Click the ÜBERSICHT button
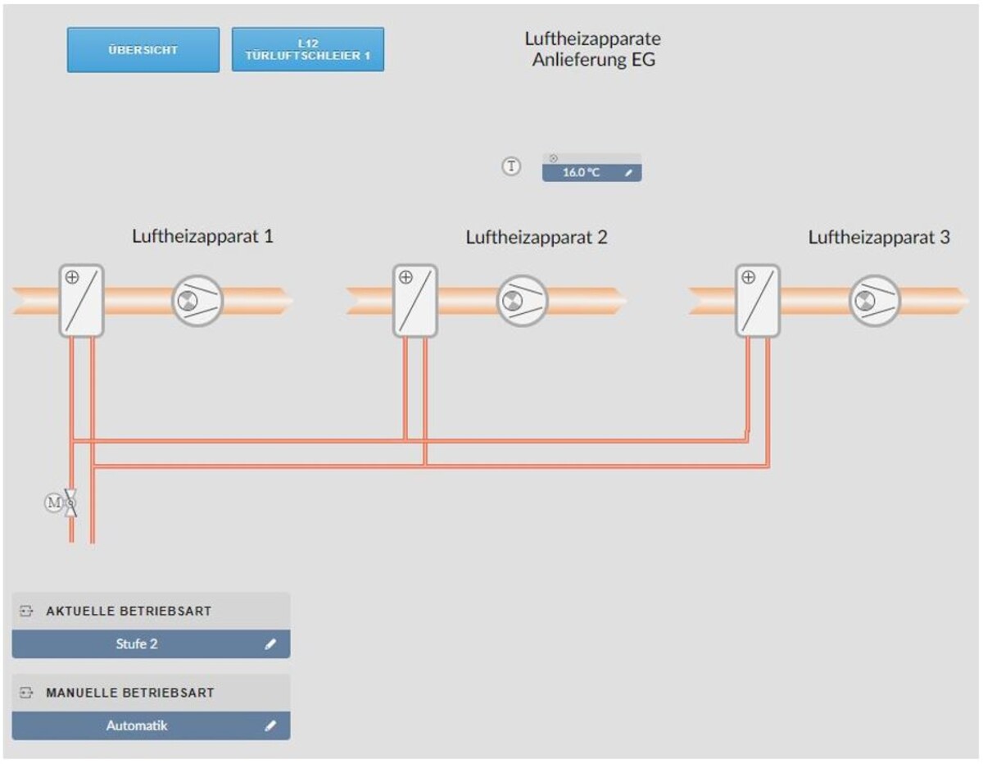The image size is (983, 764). point(143,50)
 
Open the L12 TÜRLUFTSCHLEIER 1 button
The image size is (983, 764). point(308,50)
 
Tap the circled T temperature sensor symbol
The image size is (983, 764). point(511,166)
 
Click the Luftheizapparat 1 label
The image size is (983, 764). point(202,237)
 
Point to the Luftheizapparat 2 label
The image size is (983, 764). point(537,238)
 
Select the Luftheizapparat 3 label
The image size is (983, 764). point(879,238)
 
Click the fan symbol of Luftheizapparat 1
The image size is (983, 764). point(197,301)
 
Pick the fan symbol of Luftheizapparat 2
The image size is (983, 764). point(522,301)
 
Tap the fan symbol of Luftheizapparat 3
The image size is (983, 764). point(874,301)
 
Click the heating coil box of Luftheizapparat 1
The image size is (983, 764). point(81,300)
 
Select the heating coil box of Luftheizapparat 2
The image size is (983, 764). point(415,300)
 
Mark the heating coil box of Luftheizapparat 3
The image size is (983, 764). point(758,300)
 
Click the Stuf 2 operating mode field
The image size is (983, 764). point(137,644)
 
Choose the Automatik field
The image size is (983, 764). point(137,725)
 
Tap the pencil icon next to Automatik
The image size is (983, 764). point(270,725)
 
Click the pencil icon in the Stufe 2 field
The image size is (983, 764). point(270,644)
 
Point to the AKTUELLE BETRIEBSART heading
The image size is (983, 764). point(129,612)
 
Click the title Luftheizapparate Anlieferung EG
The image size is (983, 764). point(593,49)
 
